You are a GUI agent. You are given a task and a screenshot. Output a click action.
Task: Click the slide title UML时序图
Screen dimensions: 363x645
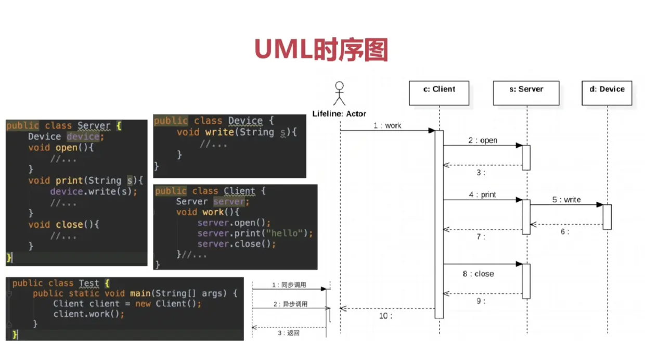click(x=321, y=50)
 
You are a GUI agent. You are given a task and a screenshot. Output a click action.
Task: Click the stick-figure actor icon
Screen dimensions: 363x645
click(x=340, y=94)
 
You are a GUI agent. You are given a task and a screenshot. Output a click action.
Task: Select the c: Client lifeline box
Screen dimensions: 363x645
click(x=439, y=93)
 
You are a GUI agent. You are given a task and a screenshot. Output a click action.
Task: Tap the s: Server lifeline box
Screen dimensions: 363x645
click(x=526, y=93)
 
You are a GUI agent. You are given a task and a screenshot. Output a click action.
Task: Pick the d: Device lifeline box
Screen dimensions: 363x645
click(x=607, y=93)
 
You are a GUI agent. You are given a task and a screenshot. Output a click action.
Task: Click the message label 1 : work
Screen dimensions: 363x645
click(x=387, y=125)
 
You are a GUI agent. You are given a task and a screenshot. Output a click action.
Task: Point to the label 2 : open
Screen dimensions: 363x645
click(x=482, y=140)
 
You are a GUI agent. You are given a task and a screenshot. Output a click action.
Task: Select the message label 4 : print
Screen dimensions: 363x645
click(x=482, y=195)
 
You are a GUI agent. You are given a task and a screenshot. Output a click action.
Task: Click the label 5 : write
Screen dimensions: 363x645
click(x=566, y=199)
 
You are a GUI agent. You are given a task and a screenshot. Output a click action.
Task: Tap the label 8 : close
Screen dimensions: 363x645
click(x=478, y=274)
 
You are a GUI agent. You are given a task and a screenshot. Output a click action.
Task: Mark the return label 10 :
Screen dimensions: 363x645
click(x=385, y=316)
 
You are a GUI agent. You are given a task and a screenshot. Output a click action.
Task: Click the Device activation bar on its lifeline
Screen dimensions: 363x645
click(x=607, y=217)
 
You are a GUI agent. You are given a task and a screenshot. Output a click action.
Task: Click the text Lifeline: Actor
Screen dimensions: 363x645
click(x=339, y=113)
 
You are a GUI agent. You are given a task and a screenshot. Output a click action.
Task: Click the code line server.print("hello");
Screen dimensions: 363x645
click(x=255, y=233)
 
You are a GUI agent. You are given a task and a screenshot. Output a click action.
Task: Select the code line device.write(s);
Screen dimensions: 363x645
click(x=94, y=191)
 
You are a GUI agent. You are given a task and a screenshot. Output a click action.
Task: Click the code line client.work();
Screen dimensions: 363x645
click(x=89, y=314)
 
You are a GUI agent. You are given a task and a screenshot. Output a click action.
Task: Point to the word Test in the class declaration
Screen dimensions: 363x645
click(x=89, y=283)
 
